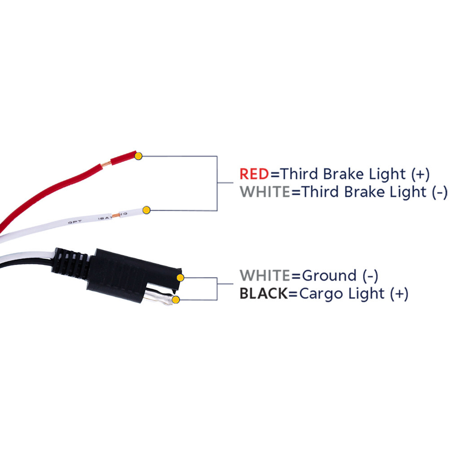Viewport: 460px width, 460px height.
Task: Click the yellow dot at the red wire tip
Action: pyautogui.click(x=138, y=156)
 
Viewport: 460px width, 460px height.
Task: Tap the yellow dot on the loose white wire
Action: pyautogui.click(x=146, y=210)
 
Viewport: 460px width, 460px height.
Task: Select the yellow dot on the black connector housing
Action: pyautogui.click(x=180, y=277)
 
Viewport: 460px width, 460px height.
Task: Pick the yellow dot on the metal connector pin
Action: pyautogui.click(x=176, y=300)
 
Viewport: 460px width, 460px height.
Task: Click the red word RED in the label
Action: pyautogui.click(x=254, y=174)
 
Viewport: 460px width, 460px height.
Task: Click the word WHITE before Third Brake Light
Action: pyautogui.click(x=265, y=192)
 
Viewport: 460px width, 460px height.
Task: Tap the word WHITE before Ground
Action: pyautogui.click(x=265, y=275)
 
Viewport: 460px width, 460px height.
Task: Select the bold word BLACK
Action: pyautogui.click(x=264, y=293)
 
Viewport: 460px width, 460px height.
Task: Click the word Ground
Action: pyautogui.click(x=329, y=275)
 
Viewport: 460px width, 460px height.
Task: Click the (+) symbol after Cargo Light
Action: pyautogui.click(x=399, y=294)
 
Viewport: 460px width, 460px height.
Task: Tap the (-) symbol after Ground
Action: pyautogui.click(x=371, y=276)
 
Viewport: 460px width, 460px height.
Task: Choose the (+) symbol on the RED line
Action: pyautogui.click(x=420, y=174)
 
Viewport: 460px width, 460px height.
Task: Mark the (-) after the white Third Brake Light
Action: pyautogui.click(x=440, y=192)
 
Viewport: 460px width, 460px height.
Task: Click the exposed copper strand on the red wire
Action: pyautogui.click(x=105, y=165)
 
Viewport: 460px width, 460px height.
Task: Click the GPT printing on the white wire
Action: pyautogui.click(x=75, y=222)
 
